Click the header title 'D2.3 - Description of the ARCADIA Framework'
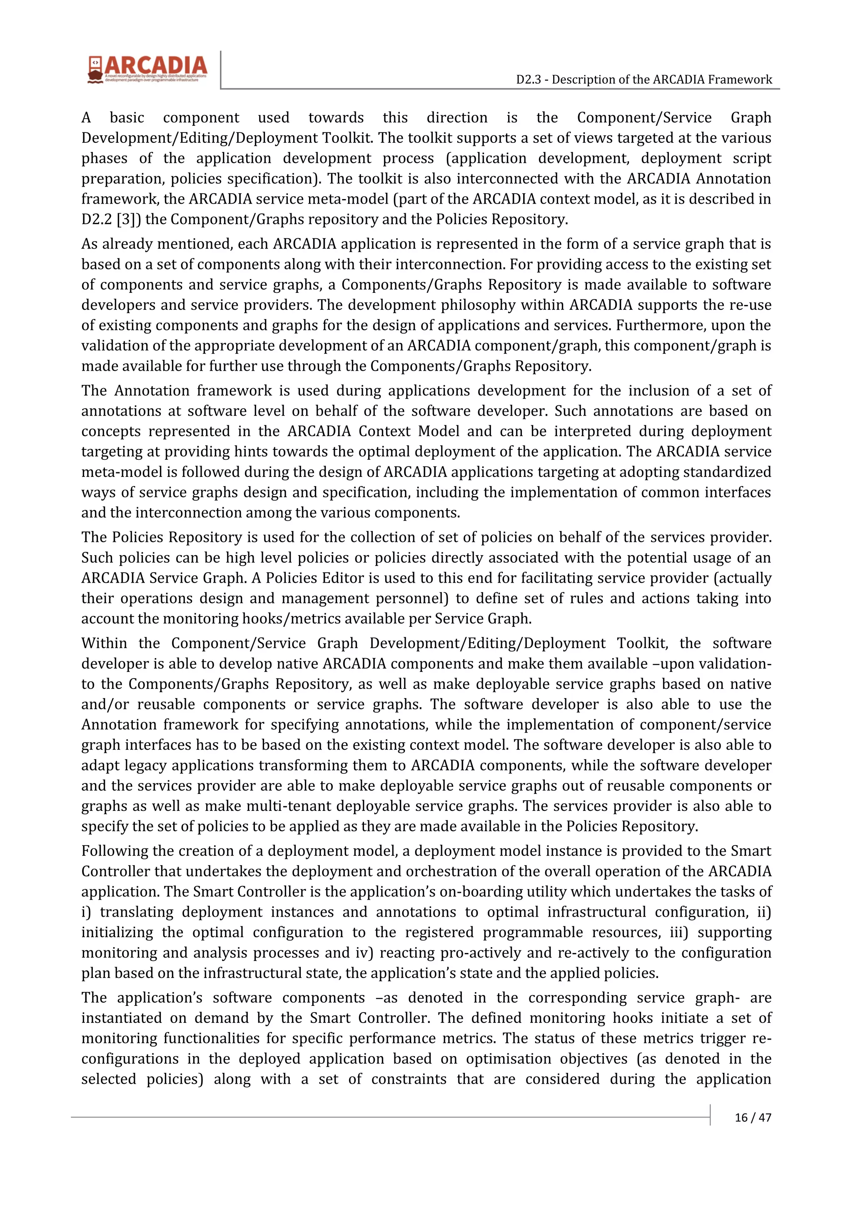coord(644,80)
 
